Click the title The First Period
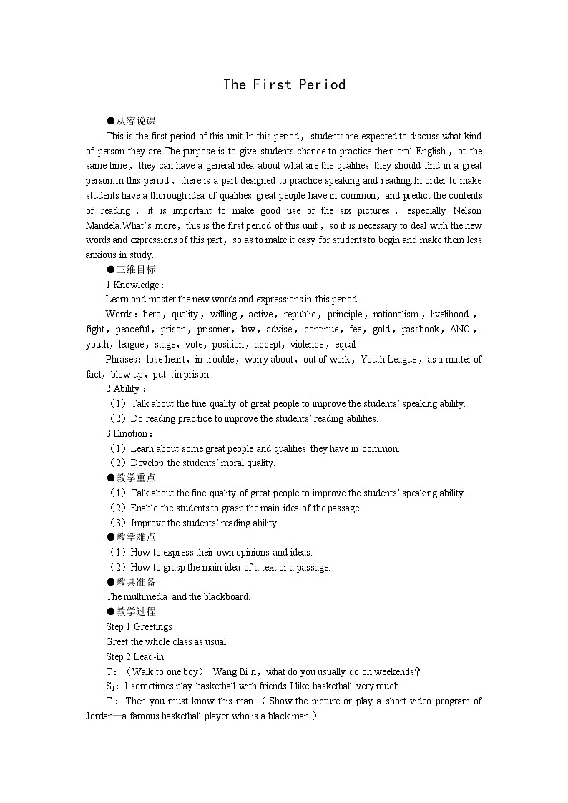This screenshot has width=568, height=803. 284,84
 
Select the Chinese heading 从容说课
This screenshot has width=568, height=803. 136,121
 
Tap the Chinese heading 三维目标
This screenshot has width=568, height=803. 136,270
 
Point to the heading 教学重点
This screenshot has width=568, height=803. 136,478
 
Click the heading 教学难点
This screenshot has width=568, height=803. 136,537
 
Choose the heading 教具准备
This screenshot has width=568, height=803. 136,582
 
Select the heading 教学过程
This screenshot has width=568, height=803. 136,611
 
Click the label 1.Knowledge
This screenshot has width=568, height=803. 134,285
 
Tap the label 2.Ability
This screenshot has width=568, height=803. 126,389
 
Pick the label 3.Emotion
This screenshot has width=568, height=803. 129,433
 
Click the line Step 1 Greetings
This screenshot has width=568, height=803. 139,627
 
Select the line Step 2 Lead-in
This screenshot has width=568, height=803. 135,656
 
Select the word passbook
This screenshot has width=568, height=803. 420,330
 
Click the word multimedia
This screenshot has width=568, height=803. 145,597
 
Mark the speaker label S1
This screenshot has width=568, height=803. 111,686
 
